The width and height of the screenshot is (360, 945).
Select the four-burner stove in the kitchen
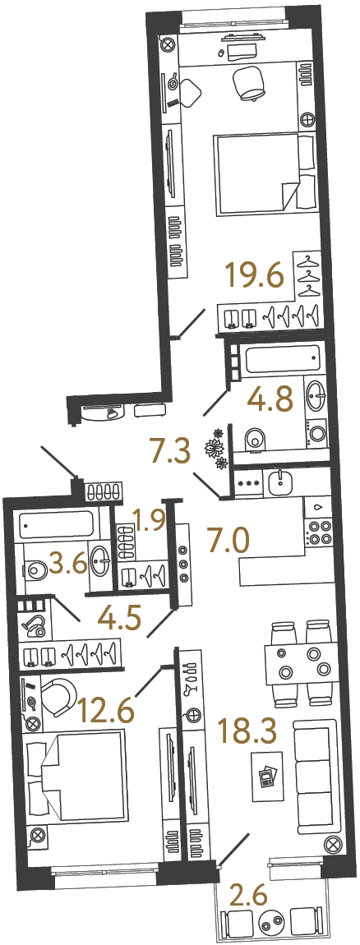point(318,534)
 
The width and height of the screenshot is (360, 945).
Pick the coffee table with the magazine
point(268,775)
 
